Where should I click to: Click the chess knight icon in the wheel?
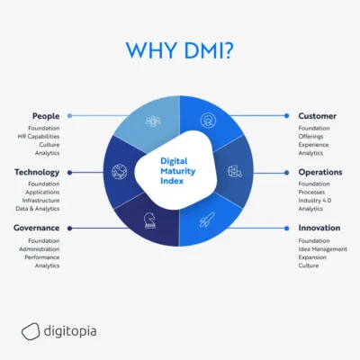click(149, 220)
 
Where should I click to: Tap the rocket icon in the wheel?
click(207, 220)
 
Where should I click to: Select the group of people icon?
click(153, 121)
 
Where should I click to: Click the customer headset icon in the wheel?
click(209, 121)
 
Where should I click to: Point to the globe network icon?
click(119, 172)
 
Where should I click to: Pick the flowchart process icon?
click(235, 171)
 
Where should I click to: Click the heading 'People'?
click(46, 116)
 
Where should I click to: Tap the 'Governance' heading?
click(36, 228)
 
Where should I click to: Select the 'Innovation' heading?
click(319, 228)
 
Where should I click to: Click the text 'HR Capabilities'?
click(39, 137)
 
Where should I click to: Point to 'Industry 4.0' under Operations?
click(315, 201)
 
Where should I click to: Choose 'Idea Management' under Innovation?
click(322, 249)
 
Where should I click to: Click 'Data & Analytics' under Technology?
click(38, 209)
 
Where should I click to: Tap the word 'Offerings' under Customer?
click(310, 137)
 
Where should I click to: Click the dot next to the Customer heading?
click(286, 116)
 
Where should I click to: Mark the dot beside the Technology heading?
click(70, 173)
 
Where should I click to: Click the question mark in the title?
click(228, 50)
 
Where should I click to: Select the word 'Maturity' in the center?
click(177, 171)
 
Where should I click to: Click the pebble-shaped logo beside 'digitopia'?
click(31, 331)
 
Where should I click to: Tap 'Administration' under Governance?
click(40, 249)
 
